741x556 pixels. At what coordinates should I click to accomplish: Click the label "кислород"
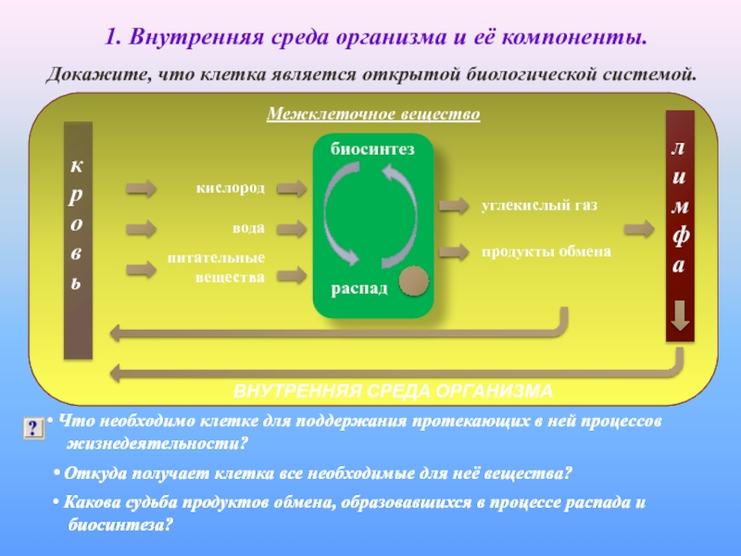point(230,188)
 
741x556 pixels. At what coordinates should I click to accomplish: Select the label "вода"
point(248,227)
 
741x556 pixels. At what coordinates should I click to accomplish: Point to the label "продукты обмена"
point(546,251)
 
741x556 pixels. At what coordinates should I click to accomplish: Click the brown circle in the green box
point(413,281)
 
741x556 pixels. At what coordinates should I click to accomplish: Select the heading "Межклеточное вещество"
point(372,115)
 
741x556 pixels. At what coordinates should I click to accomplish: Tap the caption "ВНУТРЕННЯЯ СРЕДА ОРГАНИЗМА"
point(392,389)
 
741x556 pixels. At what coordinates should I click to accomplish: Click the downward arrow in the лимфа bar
point(680,316)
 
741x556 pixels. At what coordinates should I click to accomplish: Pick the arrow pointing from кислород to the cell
point(292,189)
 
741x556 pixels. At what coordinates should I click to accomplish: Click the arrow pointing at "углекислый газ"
point(453,205)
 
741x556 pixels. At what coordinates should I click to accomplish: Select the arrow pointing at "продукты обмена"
point(453,251)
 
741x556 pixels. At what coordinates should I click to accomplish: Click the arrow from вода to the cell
point(292,228)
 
